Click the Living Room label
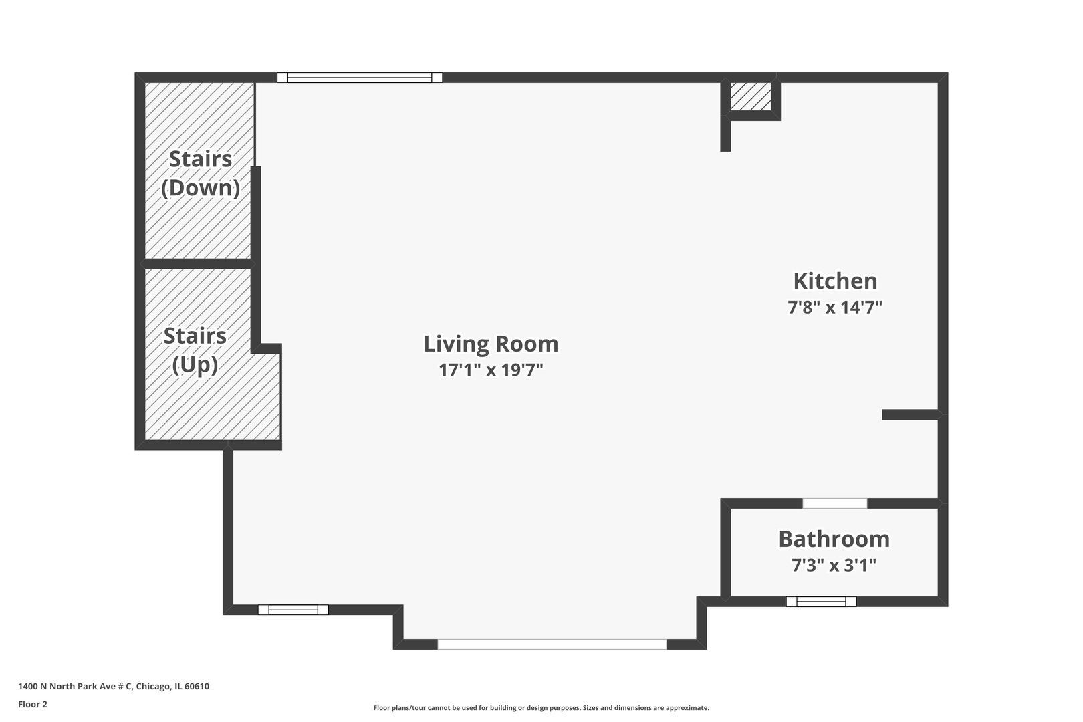click(x=491, y=344)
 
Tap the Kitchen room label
click(x=835, y=281)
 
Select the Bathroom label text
click(x=834, y=539)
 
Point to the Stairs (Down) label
click(x=201, y=173)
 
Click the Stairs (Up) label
click(x=195, y=350)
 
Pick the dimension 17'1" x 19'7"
click(x=491, y=370)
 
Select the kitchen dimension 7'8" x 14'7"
click(x=835, y=308)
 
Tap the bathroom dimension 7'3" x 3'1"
click(x=834, y=566)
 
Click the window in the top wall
click(x=360, y=78)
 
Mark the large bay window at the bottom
click(x=552, y=644)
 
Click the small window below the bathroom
click(x=821, y=602)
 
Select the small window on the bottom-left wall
click(x=293, y=610)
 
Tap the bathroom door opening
click(x=834, y=503)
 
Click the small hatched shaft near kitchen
click(x=750, y=96)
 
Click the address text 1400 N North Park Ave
click(x=75, y=686)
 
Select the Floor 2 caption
click(x=33, y=704)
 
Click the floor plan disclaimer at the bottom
click(x=541, y=707)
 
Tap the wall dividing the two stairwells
click(x=198, y=264)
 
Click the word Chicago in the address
click(x=153, y=686)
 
